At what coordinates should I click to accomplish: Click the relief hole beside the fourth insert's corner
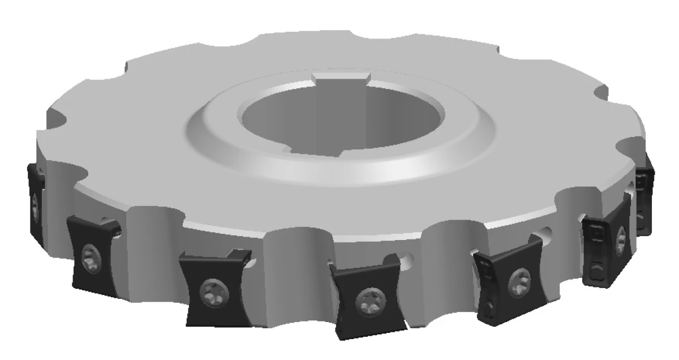pyautogui.click(x=406, y=261)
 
